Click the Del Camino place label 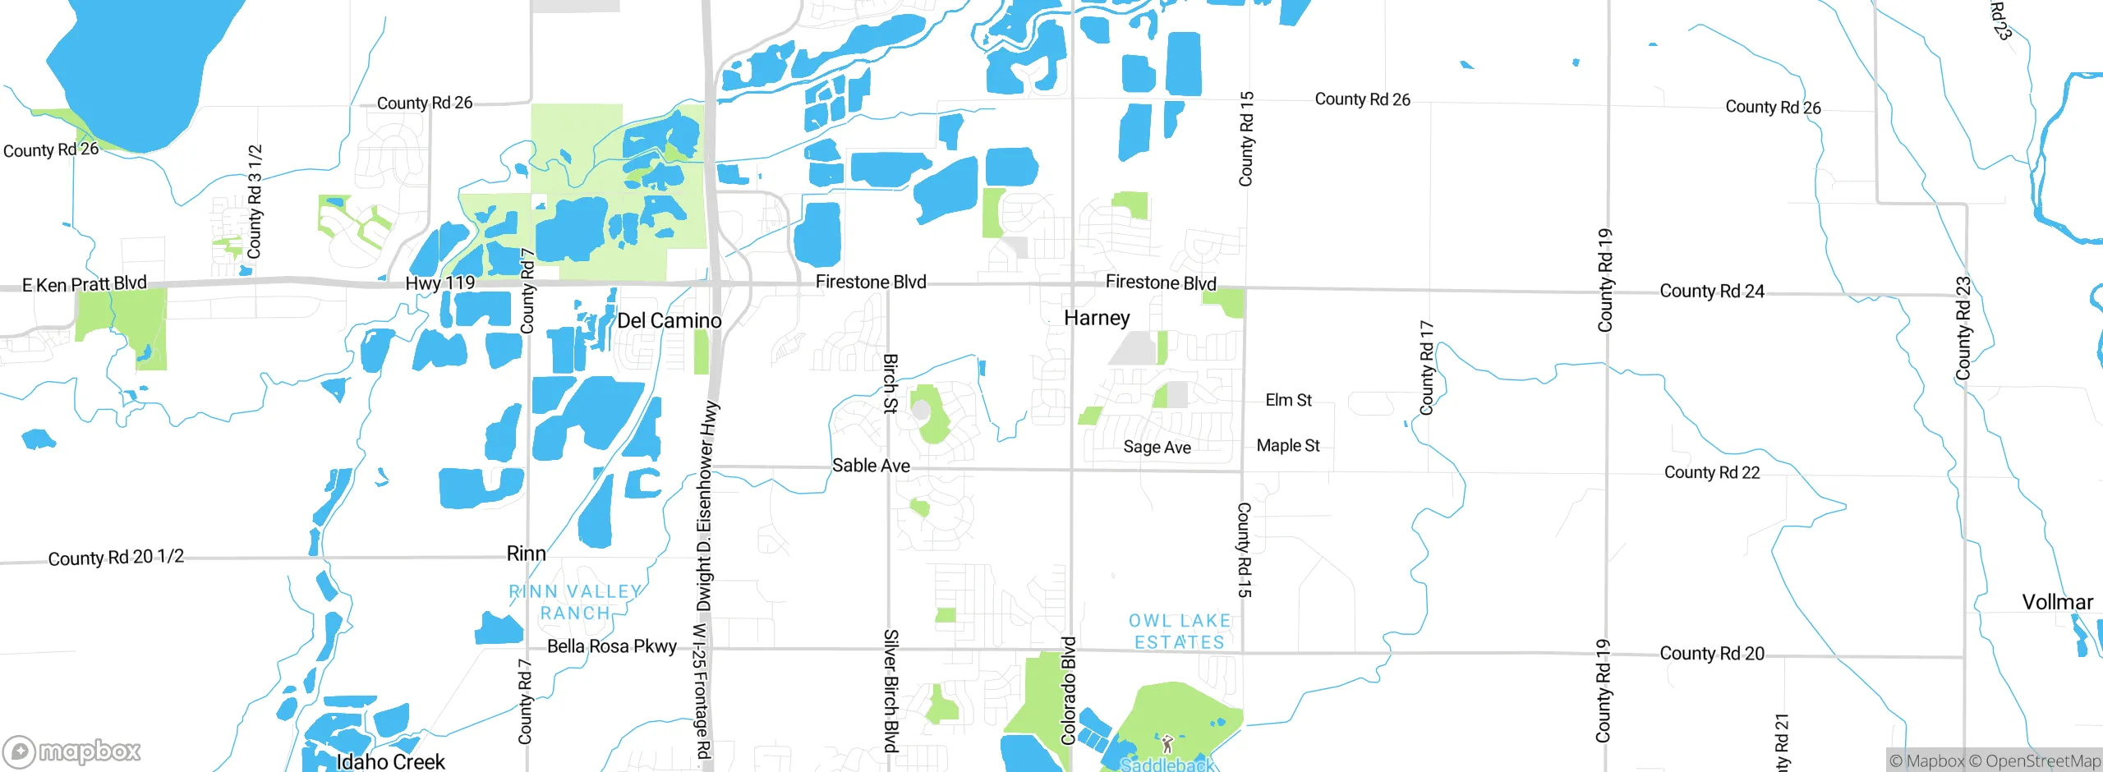click(x=669, y=320)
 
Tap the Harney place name click(x=1097, y=318)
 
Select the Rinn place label click(x=526, y=554)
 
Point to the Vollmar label click(x=2057, y=602)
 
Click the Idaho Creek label click(x=390, y=761)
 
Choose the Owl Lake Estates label click(x=1179, y=632)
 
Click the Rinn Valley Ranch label click(x=575, y=602)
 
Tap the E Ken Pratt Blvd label click(x=84, y=284)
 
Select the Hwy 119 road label click(x=439, y=283)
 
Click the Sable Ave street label click(x=871, y=466)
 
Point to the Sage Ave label click(x=1157, y=447)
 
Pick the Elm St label click(x=1288, y=400)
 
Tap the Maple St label click(x=1287, y=445)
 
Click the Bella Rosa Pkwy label click(x=612, y=646)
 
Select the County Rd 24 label click(x=1712, y=291)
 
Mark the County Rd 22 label click(x=1712, y=472)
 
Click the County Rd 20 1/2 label click(x=116, y=558)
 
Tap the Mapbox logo click(x=72, y=751)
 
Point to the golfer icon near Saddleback click(x=1167, y=744)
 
